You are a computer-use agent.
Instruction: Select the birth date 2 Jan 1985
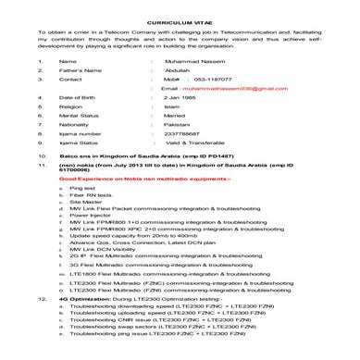[x=191, y=97]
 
